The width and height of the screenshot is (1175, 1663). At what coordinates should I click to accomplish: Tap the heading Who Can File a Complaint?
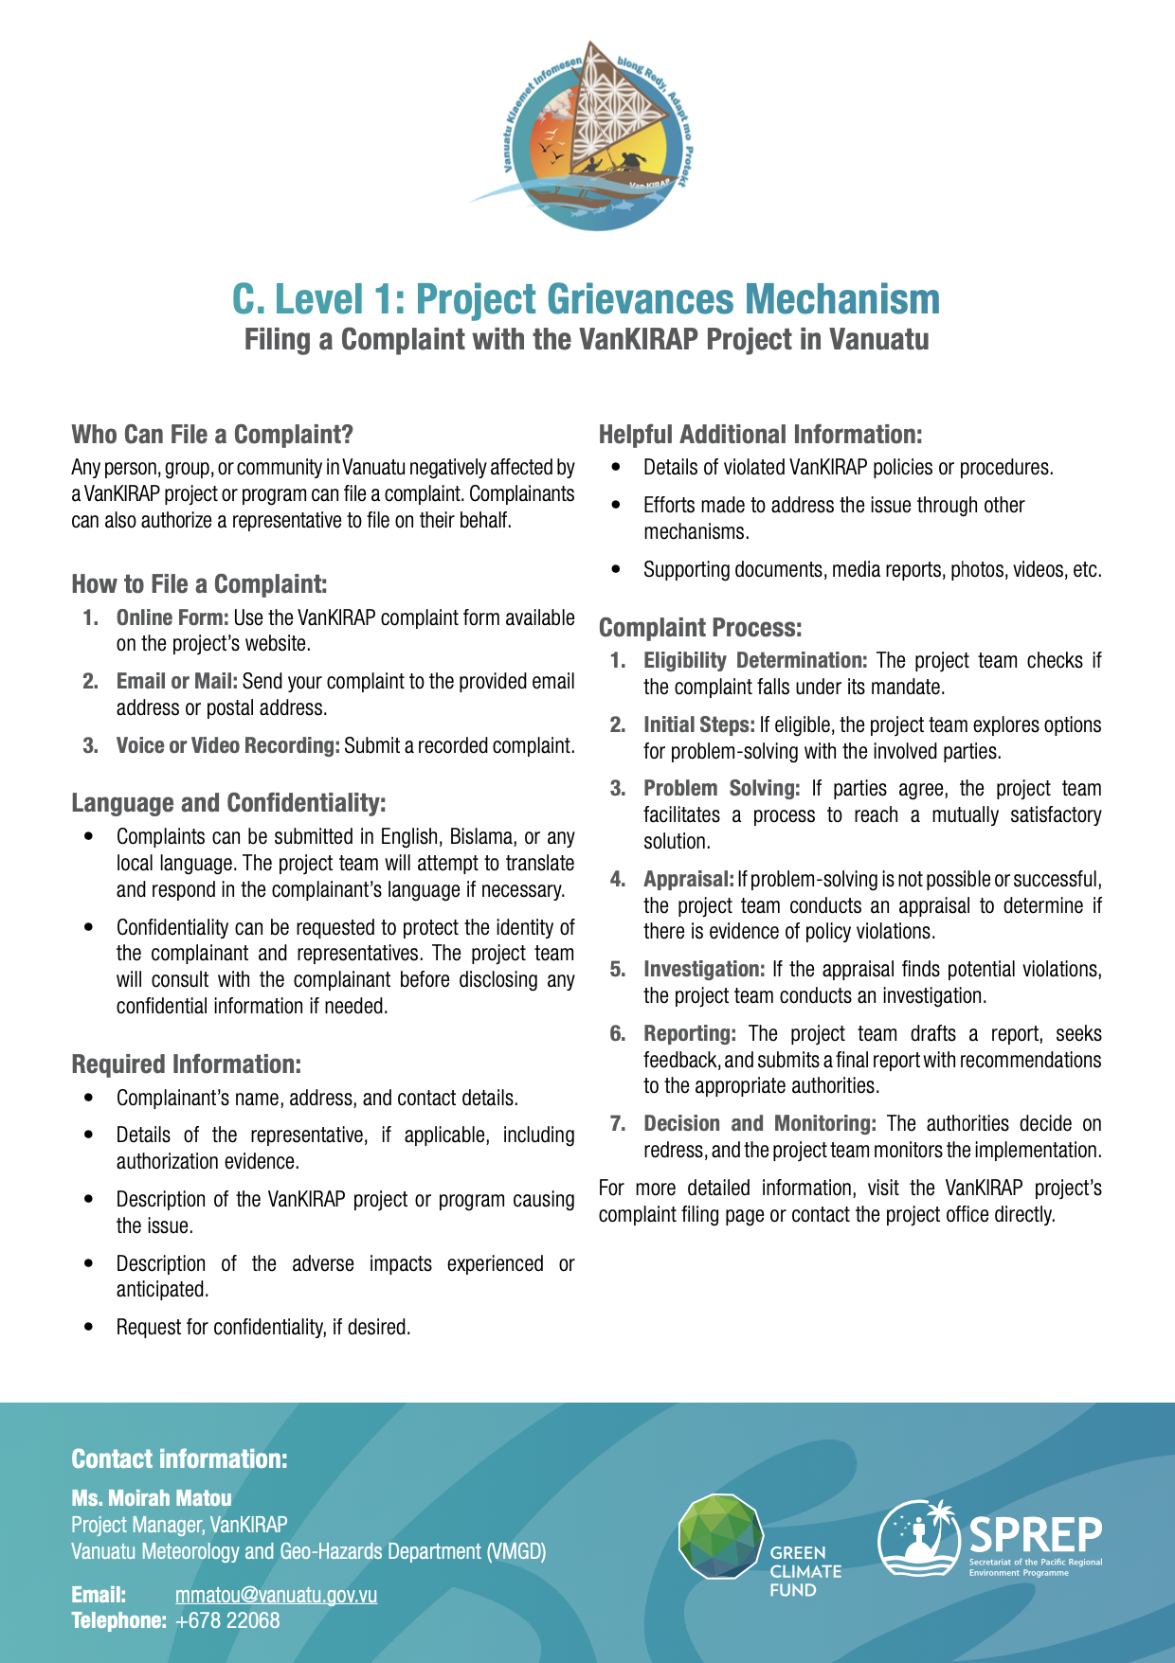click(x=212, y=435)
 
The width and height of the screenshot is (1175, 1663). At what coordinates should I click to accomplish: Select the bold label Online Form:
click(x=172, y=617)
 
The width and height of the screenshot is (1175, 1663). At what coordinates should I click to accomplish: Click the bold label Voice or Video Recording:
click(x=227, y=745)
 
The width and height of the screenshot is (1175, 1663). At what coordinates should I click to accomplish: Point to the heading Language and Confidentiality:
click(x=228, y=803)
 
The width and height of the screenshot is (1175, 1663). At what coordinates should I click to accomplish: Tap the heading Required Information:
click(x=186, y=1064)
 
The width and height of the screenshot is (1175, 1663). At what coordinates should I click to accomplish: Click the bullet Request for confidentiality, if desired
click(x=263, y=1327)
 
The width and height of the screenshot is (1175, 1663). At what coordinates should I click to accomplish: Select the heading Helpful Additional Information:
click(x=760, y=435)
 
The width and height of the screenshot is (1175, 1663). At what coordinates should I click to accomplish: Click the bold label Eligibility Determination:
click(x=755, y=660)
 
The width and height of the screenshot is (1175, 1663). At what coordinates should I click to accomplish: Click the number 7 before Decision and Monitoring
click(x=618, y=1123)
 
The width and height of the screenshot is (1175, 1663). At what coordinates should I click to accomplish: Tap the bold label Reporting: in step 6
click(x=689, y=1033)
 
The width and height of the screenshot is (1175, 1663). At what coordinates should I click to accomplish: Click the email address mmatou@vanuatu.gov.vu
click(x=276, y=1595)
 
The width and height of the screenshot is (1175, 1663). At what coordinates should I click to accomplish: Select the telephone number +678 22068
click(x=227, y=1620)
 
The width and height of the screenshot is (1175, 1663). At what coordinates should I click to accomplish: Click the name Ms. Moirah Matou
click(x=152, y=1498)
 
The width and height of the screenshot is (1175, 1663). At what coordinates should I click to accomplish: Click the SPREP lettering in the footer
click(x=1035, y=1533)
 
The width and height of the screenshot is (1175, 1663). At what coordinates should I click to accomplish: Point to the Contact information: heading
click(x=179, y=1458)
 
